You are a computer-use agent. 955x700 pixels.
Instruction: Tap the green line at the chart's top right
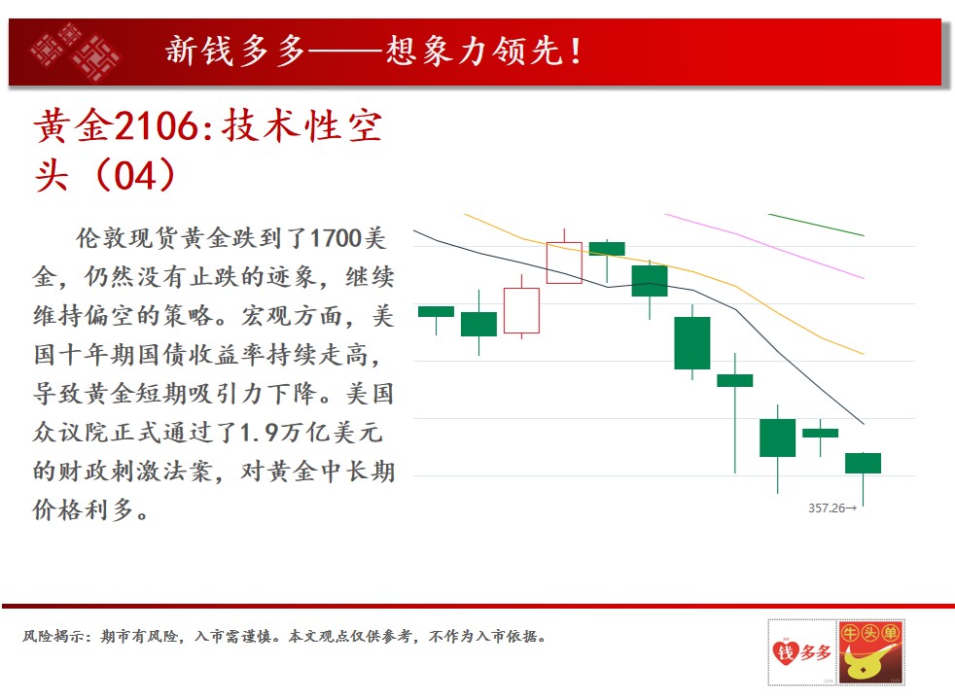point(816,225)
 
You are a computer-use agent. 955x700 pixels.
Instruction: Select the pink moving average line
point(764,246)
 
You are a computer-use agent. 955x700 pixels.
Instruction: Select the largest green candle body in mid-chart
point(691,342)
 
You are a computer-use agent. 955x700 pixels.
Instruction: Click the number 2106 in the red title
point(156,127)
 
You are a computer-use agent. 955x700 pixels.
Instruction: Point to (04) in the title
point(135,175)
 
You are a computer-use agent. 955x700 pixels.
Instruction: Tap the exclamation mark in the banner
point(575,52)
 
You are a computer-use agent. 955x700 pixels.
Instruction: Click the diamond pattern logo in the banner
point(75,52)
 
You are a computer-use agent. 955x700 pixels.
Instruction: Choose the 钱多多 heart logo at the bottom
point(802,652)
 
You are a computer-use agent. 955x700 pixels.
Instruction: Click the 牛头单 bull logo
point(870,652)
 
